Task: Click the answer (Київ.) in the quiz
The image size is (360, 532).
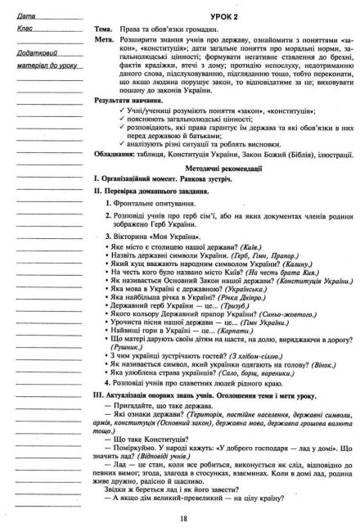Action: [275, 246]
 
